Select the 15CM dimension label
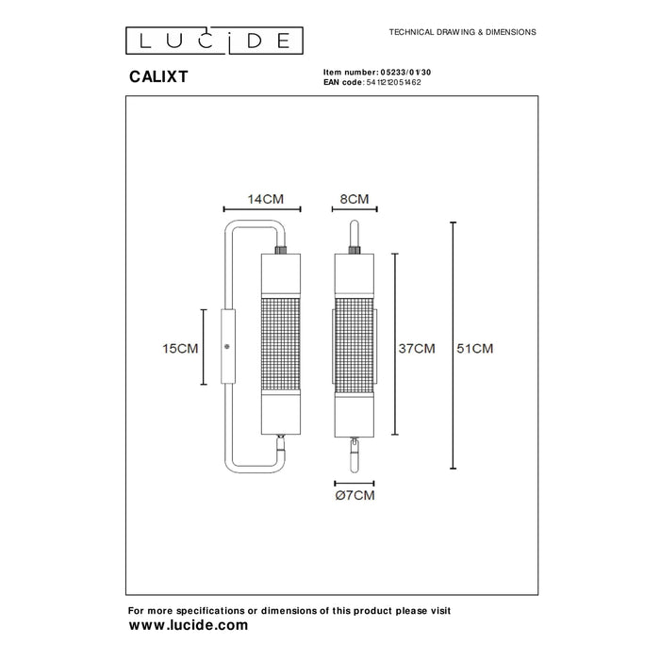click(x=180, y=348)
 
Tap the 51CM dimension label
click(x=475, y=348)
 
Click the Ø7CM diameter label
click(x=355, y=495)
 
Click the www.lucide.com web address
click(x=189, y=624)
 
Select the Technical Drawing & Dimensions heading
click(x=462, y=31)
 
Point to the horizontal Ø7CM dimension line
click(x=354, y=480)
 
